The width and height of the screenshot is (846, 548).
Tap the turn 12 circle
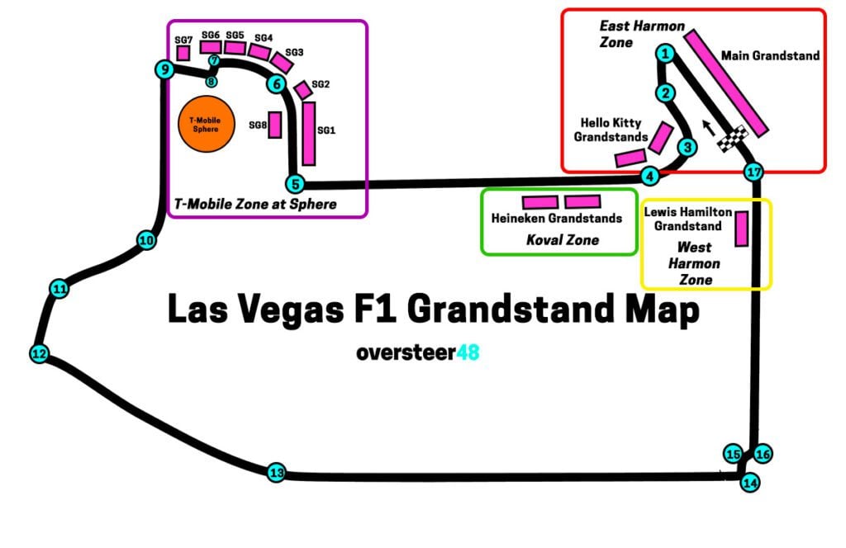pyautogui.click(x=39, y=354)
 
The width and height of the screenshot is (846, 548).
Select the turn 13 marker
pyautogui.click(x=277, y=473)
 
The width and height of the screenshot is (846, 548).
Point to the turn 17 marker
pyautogui.click(x=752, y=172)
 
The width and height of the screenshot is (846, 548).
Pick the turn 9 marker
pyautogui.click(x=164, y=70)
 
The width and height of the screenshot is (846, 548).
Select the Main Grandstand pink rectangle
pyautogui.click(x=727, y=83)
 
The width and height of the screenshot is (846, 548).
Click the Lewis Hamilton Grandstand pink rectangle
pyautogui.click(x=741, y=229)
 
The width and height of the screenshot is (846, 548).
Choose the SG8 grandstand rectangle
pyautogui.click(x=275, y=125)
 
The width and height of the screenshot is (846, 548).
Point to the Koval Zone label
pyautogui.click(x=562, y=240)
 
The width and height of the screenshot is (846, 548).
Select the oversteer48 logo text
pyautogui.click(x=418, y=352)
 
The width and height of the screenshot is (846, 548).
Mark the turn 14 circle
pyautogui.click(x=749, y=483)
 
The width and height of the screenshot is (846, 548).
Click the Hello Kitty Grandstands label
pyautogui.click(x=611, y=130)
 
